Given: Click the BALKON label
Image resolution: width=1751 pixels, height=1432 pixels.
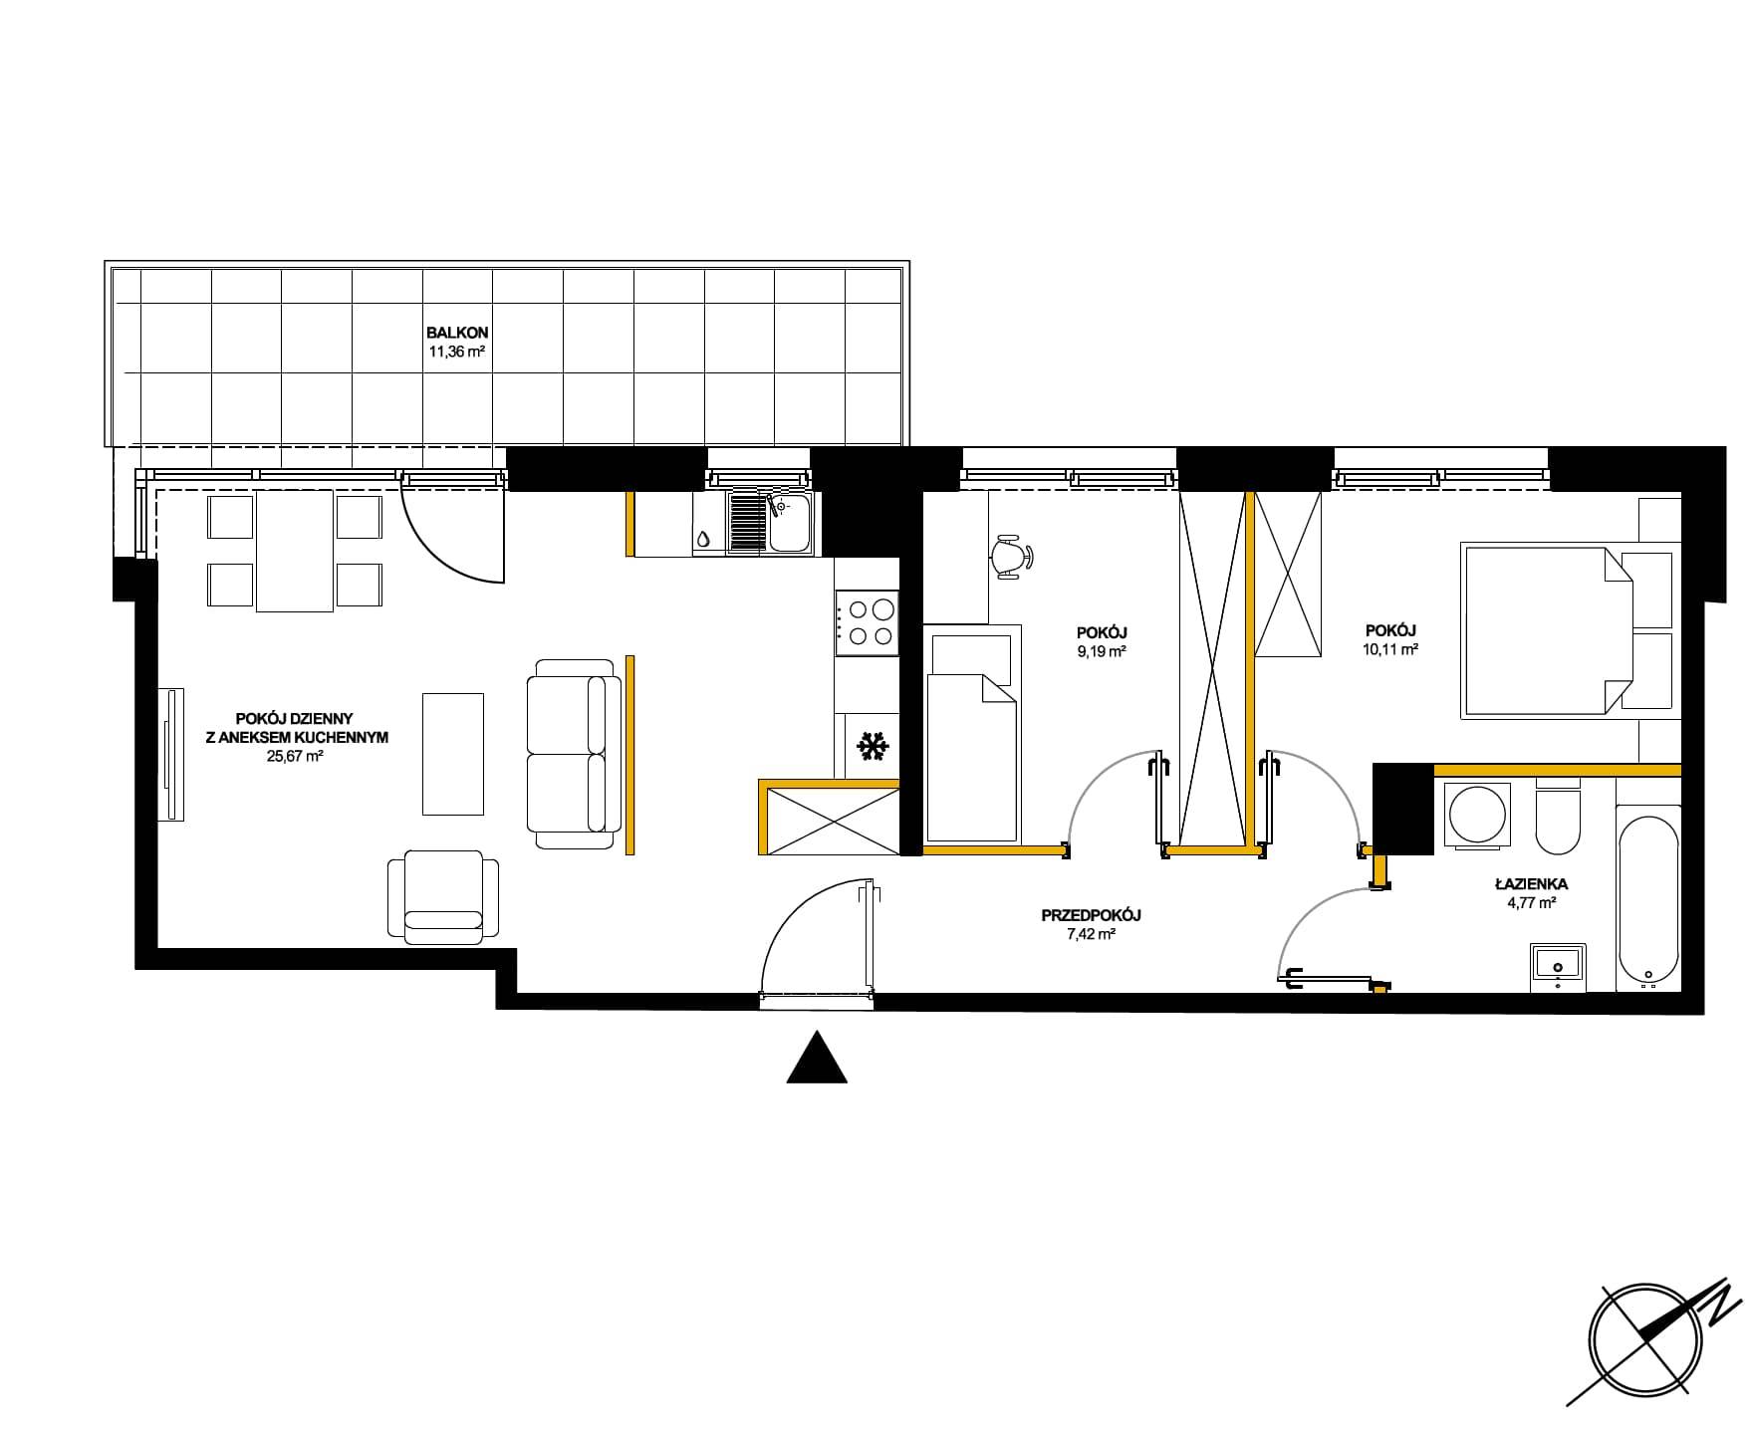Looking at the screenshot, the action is (457, 333).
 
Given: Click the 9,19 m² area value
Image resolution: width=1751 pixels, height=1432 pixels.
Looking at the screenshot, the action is (1102, 652).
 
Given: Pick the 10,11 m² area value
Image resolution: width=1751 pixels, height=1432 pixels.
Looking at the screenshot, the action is (1391, 649).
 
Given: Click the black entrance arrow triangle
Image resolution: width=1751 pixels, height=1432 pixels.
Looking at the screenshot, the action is (817, 1058).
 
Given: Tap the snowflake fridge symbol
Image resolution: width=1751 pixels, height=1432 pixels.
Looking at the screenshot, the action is (874, 747).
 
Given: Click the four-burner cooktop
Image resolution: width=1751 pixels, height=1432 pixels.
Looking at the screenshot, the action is (867, 622).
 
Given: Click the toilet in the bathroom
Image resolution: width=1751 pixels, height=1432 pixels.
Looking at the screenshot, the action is (1558, 819).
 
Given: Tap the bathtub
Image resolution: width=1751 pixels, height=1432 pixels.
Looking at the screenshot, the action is (1648, 898).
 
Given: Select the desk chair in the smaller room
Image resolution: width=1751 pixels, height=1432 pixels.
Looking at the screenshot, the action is (1013, 556).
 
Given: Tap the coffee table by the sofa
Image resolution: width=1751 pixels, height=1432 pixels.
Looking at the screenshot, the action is (453, 754).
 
